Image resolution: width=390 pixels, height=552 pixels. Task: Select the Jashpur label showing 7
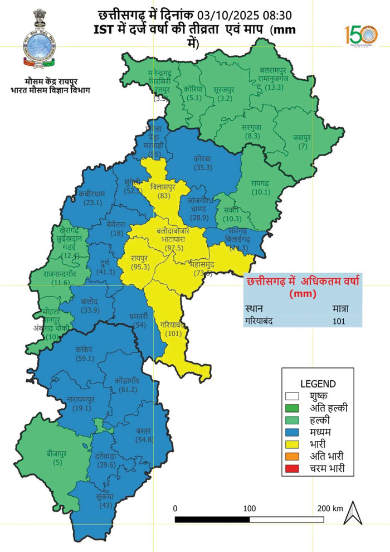[x=302, y=146]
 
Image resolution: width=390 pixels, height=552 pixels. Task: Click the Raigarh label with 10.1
[x=260, y=193]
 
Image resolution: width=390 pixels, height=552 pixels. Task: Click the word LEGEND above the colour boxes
[x=318, y=384]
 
